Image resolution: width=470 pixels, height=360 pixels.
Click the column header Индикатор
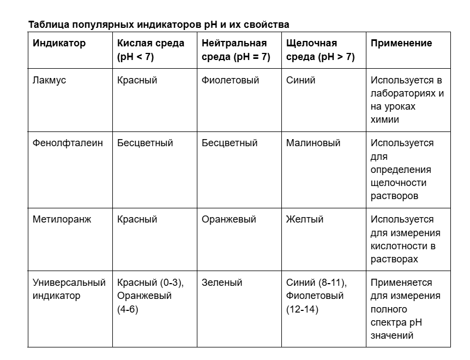coord(59,43)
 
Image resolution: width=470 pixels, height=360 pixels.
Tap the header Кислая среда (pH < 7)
coord(150,50)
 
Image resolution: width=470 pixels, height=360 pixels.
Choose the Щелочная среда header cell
coord(320,50)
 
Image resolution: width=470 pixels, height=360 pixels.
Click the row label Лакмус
coord(50,80)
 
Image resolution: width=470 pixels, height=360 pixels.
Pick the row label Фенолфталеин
coord(68,143)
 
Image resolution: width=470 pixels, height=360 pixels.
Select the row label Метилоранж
coord(62,219)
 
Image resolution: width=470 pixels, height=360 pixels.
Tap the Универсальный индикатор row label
coord(69,289)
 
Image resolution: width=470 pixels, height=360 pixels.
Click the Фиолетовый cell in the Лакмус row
coord(231,80)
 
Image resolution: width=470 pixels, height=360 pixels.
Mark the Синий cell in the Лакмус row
coord(300,80)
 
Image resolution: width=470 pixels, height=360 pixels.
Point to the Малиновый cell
coord(313,143)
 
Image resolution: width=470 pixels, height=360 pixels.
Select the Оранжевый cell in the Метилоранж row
coord(229,219)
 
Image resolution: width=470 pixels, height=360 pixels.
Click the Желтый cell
coord(305,219)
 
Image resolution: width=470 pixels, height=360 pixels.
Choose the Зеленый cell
coord(222,283)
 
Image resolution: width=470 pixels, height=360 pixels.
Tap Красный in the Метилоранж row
coord(137,219)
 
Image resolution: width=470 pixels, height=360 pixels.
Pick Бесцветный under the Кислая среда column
coord(145,143)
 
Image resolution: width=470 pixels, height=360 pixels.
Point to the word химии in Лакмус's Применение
coord(384,119)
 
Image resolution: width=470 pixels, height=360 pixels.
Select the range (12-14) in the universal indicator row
coord(303,309)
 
